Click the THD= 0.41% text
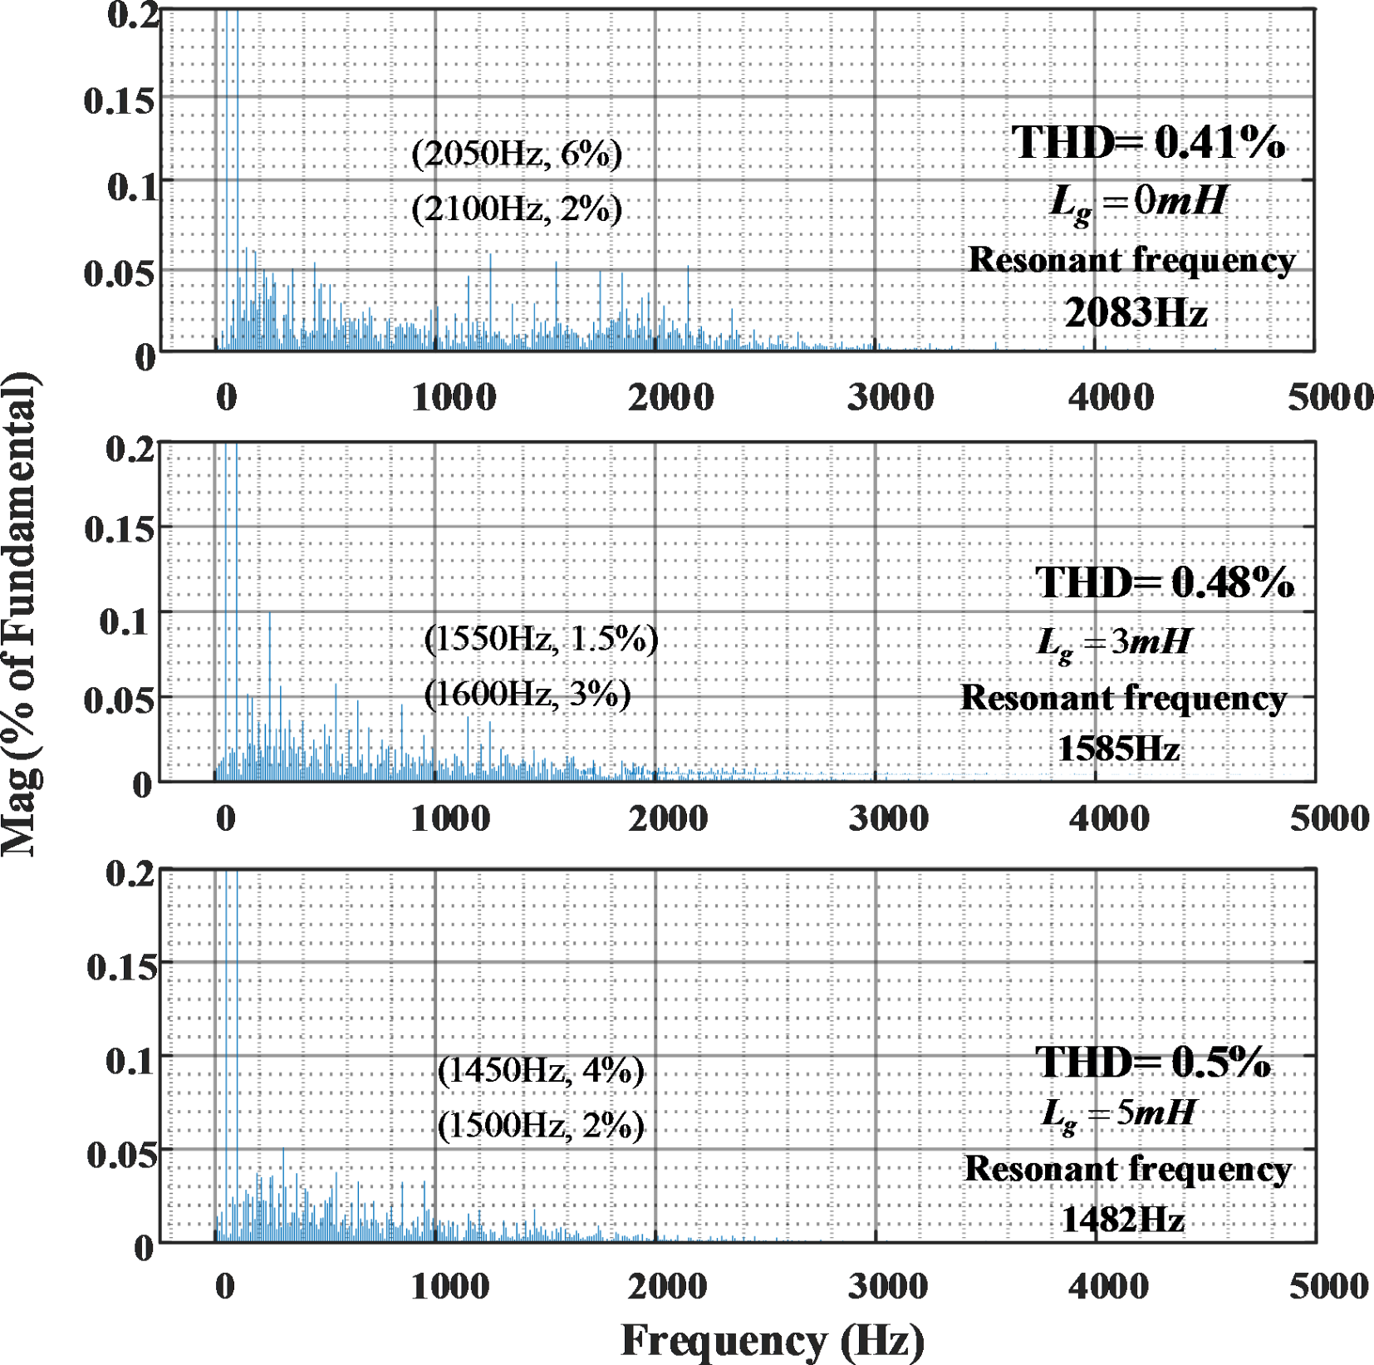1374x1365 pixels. click(x=1147, y=142)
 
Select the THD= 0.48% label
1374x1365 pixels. click(x=1164, y=582)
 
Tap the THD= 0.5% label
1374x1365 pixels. click(x=1153, y=1063)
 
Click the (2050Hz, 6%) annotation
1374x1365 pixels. click(x=517, y=154)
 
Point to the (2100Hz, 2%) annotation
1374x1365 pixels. click(x=517, y=209)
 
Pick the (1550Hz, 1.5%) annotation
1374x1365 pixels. click(x=541, y=639)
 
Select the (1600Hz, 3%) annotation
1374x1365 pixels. click(x=528, y=694)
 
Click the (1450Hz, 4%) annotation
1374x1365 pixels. click(x=541, y=1071)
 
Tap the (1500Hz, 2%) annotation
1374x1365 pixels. click(x=541, y=1126)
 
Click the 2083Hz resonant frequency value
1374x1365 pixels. click(x=1135, y=314)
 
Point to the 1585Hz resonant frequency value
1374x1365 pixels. click(x=1118, y=749)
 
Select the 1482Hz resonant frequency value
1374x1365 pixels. click(x=1122, y=1220)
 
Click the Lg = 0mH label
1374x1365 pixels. click(x=1138, y=202)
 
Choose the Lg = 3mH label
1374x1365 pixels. click(x=1114, y=642)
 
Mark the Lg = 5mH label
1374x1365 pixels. click(x=1118, y=1113)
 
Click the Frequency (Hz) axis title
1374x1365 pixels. click(x=773, y=1339)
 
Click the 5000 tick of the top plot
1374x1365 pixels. click(x=1330, y=397)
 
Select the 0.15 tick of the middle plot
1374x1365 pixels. click(x=120, y=528)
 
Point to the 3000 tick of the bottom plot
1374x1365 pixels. click(x=887, y=1286)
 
